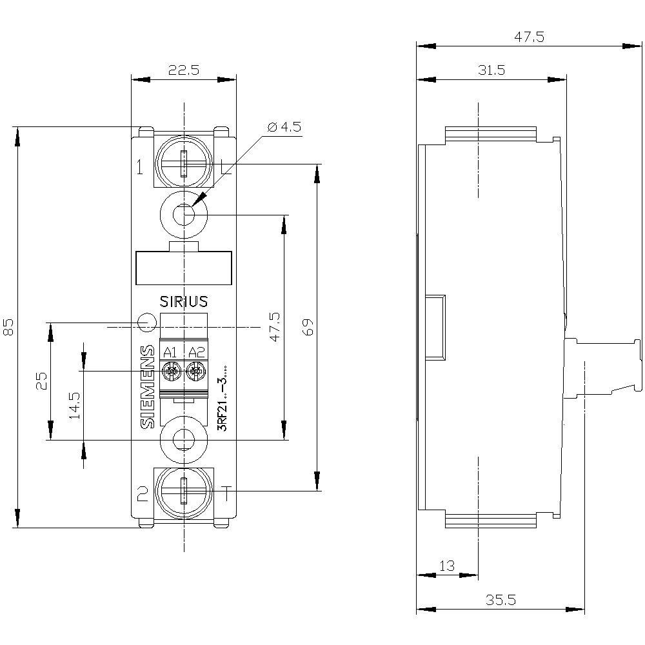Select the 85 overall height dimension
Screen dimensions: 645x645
[x=8, y=328]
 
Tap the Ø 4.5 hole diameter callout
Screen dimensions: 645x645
[x=284, y=126]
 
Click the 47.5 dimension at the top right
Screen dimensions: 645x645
[x=529, y=37]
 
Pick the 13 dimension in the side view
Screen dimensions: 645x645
[x=446, y=566]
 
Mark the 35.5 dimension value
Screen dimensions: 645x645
[x=501, y=600]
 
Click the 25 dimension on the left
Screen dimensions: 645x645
[x=41, y=381]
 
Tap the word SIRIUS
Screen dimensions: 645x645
[x=184, y=301]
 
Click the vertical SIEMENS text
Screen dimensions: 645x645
[x=148, y=387]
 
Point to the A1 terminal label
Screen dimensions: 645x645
[x=170, y=352]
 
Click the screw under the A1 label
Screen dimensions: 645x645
[x=172, y=372]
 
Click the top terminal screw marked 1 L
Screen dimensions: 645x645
[x=184, y=164]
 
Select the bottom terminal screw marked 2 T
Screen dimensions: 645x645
[x=184, y=491]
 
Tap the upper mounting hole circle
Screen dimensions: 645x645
[x=184, y=213]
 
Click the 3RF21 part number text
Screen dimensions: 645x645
[x=222, y=400]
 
